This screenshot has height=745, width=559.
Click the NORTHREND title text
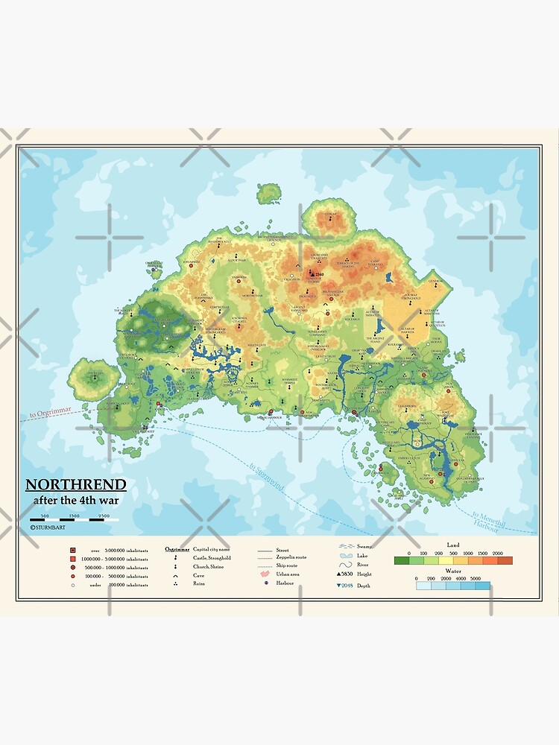click(76, 485)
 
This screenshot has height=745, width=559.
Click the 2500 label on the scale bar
click(104, 516)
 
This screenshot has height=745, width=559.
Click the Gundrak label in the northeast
click(435, 281)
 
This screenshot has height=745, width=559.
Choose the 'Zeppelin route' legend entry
click(291, 557)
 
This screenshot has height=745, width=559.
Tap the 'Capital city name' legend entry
click(210, 548)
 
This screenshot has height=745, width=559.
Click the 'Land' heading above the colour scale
click(452, 545)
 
